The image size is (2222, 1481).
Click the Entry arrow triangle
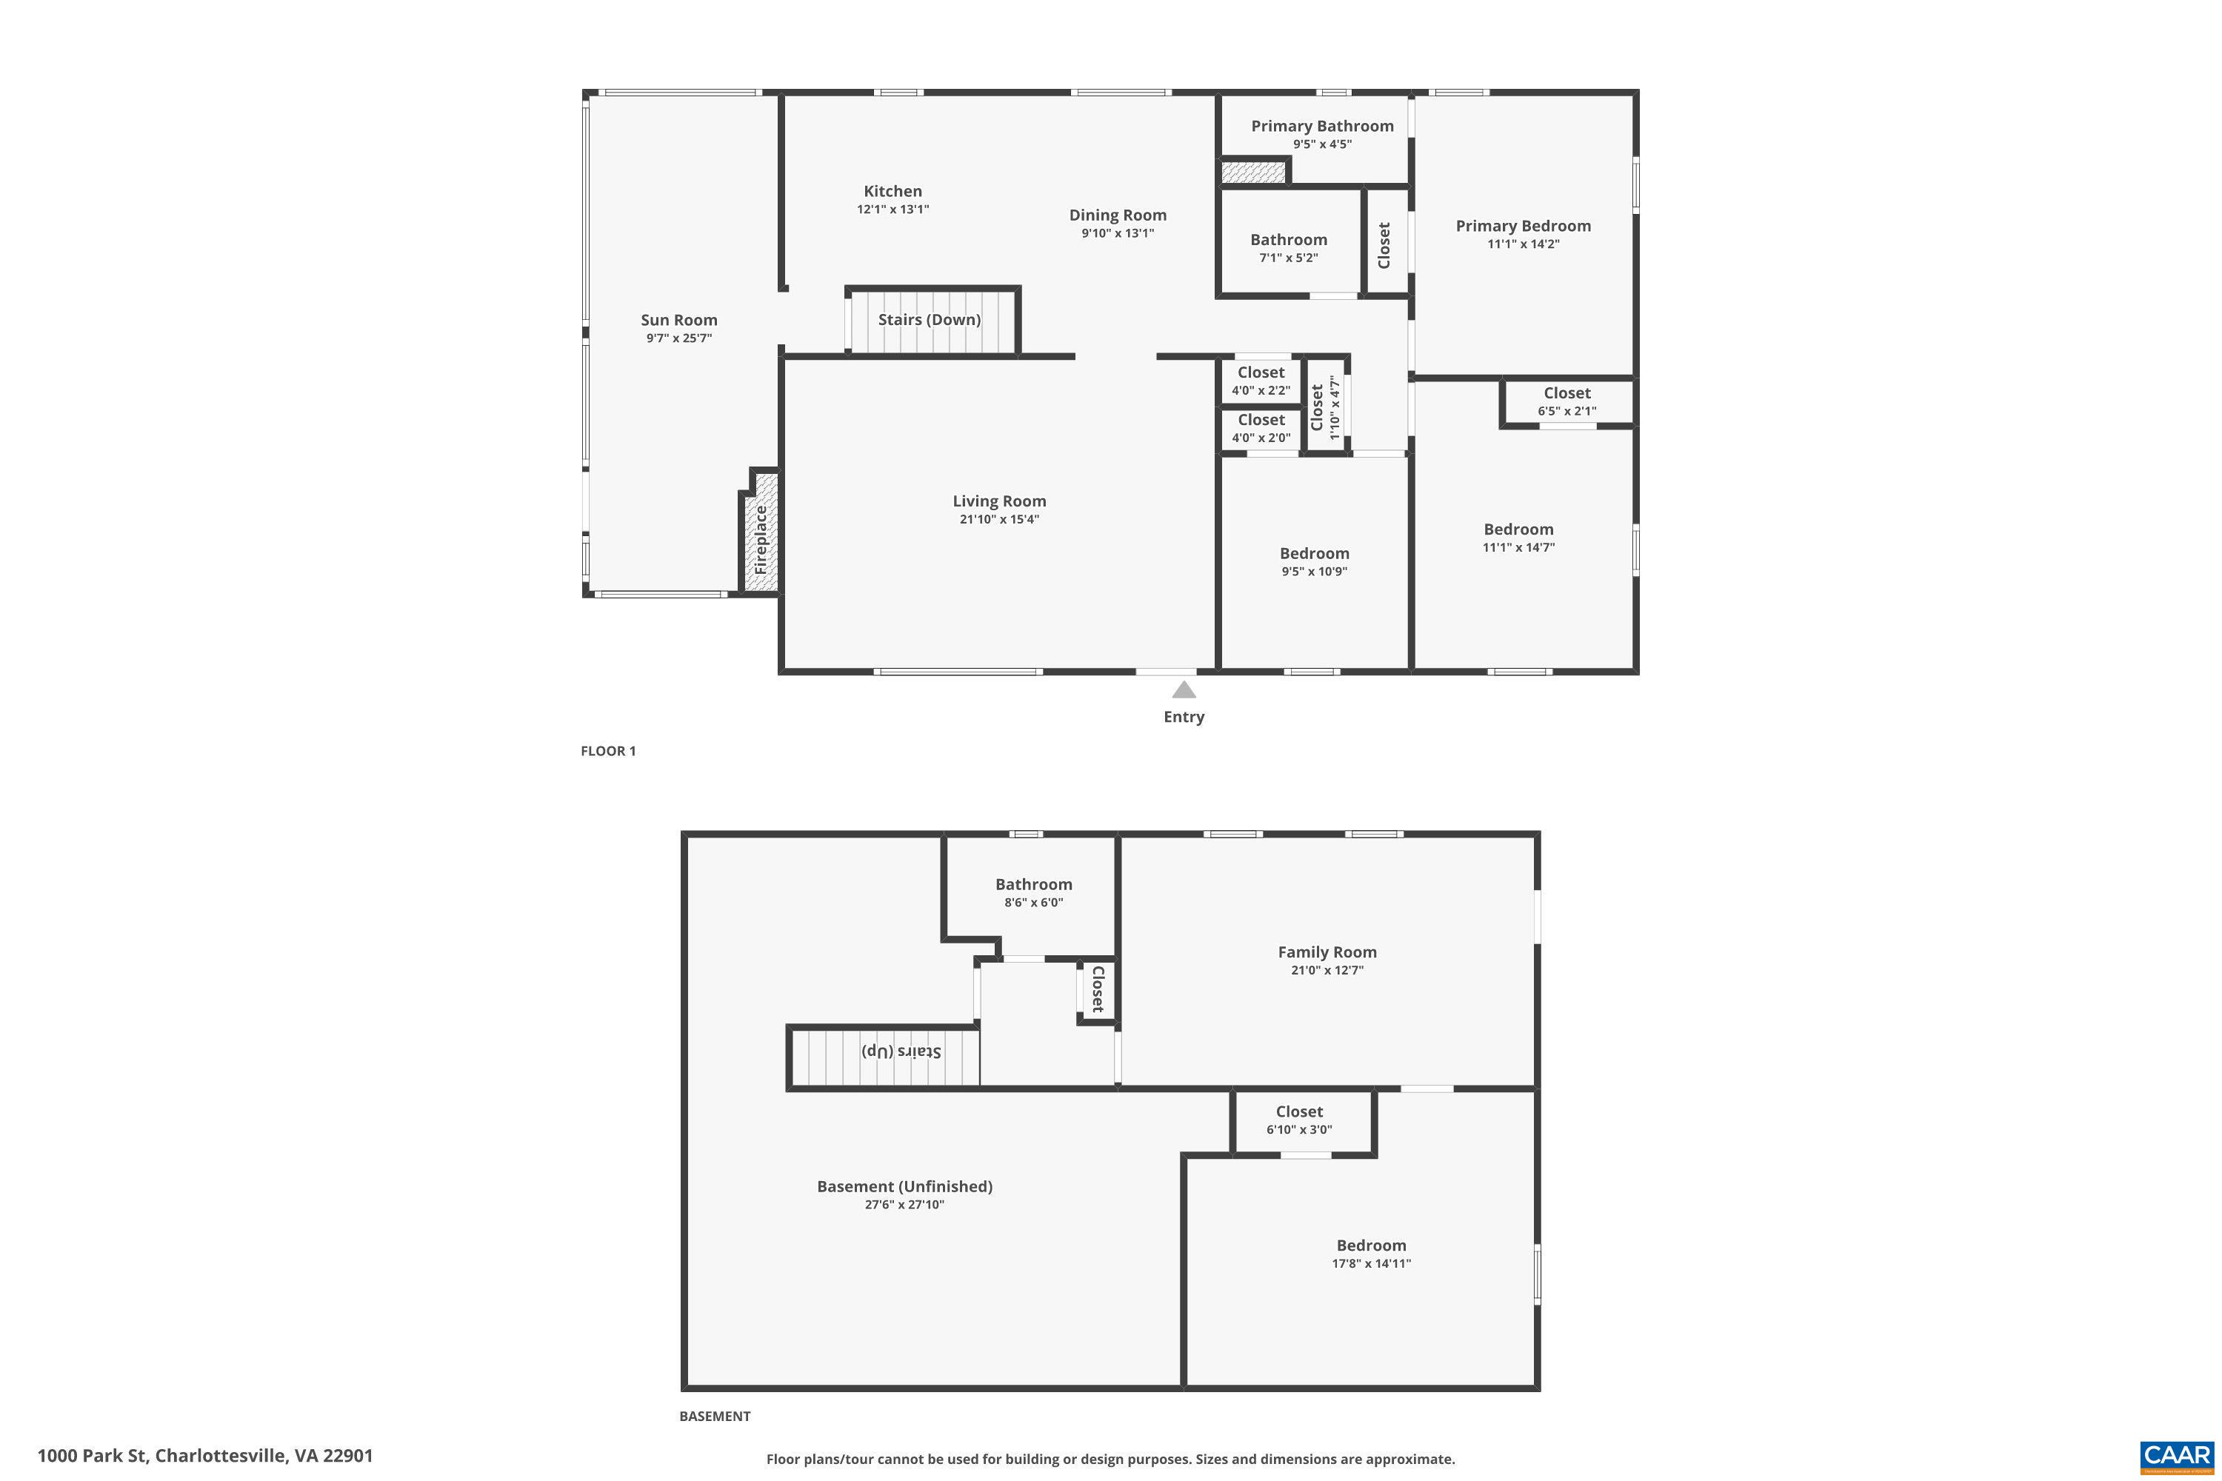[x=1184, y=690]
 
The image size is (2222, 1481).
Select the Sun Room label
[x=678, y=320]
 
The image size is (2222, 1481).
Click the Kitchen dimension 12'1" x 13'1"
[x=893, y=210]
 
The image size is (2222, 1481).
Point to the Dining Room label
[x=1118, y=215]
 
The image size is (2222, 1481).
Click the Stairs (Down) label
[x=930, y=319]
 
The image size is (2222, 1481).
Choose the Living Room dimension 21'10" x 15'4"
[x=998, y=520]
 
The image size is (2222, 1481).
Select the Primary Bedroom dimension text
[x=1523, y=244]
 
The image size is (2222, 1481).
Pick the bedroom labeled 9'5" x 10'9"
[x=1314, y=562]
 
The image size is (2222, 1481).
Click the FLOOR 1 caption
[x=608, y=751]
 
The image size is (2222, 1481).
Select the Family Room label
[x=1327, y=952]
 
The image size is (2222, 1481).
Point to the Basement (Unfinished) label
[x=904, y=1186]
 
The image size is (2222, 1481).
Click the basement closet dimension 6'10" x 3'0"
[x=1299, y=1130]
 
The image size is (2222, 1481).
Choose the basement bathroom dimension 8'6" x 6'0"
[x=1033, y=902]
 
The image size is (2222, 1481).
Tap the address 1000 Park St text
[x=205, y=1456]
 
